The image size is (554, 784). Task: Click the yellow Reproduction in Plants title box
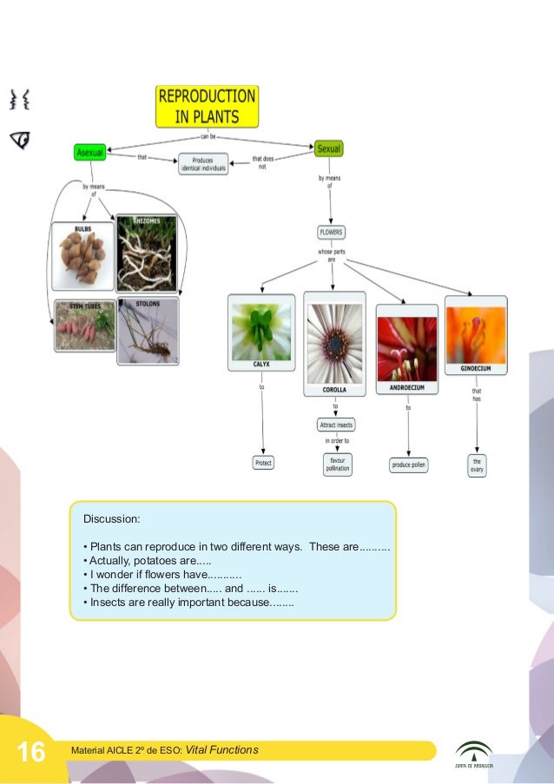[206, 107]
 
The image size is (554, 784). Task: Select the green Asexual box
[89, 152]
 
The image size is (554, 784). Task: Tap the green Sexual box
[329, 149]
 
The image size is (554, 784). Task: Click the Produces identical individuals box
[203, 164]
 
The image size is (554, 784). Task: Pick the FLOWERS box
[331, 233]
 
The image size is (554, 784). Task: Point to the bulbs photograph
[82, 256]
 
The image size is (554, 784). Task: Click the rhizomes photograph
[146, 254]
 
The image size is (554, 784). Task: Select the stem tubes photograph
[84, 326]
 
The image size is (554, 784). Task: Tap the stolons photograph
[147, 329]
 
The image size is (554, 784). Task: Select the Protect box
[263, 463]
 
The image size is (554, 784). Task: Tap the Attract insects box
[335, 425]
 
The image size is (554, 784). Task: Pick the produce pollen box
[408, 465]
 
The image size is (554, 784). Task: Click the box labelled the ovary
[477, 464]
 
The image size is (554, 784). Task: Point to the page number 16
[32, 752]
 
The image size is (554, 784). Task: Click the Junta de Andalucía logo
[473, 754]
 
